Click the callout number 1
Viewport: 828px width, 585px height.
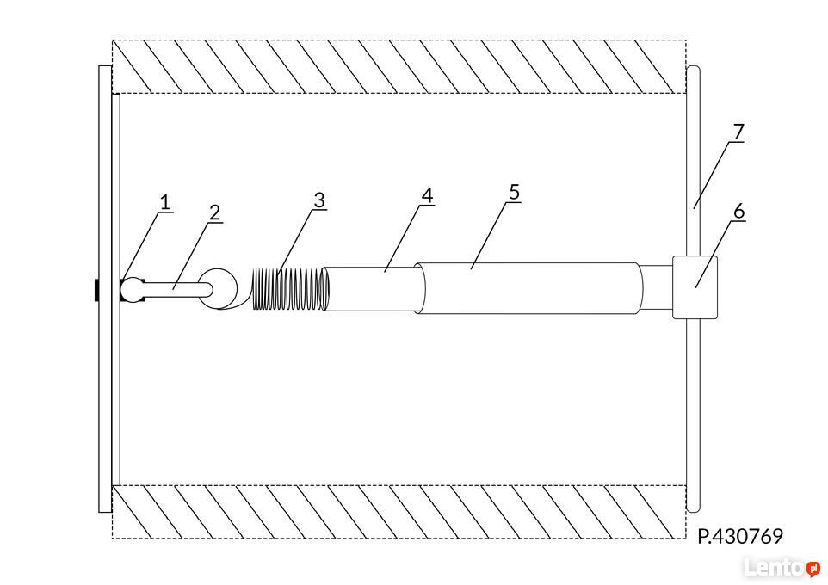click(x=165, y=203)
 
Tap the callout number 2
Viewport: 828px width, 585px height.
click(x=214, y=212)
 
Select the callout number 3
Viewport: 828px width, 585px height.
click(x=319, y=200)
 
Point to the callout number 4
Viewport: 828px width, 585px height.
click(x=427, y=196)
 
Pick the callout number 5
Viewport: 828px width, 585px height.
click(x=515, y=192)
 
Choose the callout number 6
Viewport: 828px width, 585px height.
click(x=738, y=211)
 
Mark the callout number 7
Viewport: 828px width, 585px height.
click(x=738, y=132)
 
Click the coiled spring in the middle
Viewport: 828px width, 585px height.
click(x=290, y=289)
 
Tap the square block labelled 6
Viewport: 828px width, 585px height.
click(x=695, y=287)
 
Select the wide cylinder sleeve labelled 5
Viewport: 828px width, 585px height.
click(x=529, y=288)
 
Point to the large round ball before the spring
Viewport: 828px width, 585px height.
click(x=218, y=288)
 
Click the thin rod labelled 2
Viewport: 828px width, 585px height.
click(x=174, y=289)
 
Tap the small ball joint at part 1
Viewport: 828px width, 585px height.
click(x=132, y=290)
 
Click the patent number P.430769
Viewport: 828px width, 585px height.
click(x=740, y=537)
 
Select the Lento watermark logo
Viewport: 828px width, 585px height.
click(x=782, y=568)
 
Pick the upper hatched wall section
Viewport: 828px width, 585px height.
click(x=399, y=67)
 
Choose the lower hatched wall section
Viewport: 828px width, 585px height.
click(x=399, y=512)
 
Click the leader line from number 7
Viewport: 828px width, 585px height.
click(x=716, y=175)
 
